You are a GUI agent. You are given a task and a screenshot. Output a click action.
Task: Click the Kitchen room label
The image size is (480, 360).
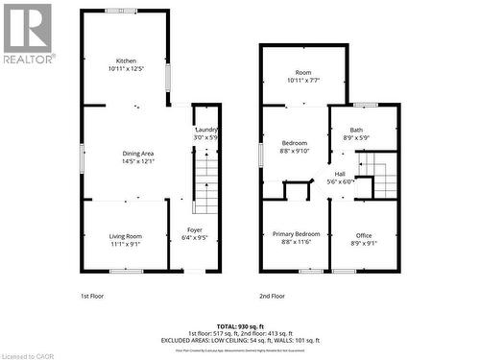pyautogui.click(x=126, y=60)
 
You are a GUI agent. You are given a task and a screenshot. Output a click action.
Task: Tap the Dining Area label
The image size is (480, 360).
pyautogui.click(x=126, y=154)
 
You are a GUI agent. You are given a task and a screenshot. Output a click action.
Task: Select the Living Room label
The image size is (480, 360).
pyautogui.click(x=126, y=236)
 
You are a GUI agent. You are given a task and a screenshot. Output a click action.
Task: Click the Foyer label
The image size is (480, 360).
pyautogui.click(x=195, y=230)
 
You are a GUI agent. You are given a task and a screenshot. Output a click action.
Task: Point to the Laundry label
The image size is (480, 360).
pyautogui.click(x=207, y=131)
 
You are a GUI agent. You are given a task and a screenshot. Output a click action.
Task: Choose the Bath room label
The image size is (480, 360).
pyautogui.click(x=356, y=131)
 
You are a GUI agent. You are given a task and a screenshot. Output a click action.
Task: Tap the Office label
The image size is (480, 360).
pyautogui.click(x=364, y=236)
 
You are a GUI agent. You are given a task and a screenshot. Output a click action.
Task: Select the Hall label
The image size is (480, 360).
pyautogui.click(x=340, y=174)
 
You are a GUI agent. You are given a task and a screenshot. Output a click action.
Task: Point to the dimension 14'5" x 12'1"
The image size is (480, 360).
pyautogui.click(x=126, y=161)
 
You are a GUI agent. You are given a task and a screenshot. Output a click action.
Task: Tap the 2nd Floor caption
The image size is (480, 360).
pyautogui.click(x=272, y=296)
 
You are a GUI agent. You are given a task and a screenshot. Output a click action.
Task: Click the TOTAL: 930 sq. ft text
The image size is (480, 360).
pyautogui.click(x=239, y=326)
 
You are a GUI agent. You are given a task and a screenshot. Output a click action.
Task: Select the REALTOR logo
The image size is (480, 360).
pyautogui.click(x=28, y=33)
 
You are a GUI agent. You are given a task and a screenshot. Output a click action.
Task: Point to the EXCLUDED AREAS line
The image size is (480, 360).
pyautogui.click(x=239, y=340)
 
